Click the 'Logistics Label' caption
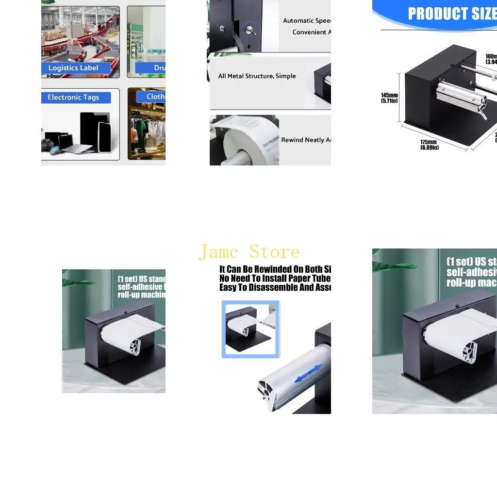click(73, 68)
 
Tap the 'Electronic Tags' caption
click(73, 98)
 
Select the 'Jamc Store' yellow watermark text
click(249, 252)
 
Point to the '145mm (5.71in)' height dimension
click(389, 98)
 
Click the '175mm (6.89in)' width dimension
click(429, 145)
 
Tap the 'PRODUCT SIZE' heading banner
click(451, 14)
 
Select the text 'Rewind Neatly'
click(306, 140)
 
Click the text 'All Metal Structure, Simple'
click(257, 76)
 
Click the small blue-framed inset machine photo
click(250, 329)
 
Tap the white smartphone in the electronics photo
click(104, 137)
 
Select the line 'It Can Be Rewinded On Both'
click(275, 269)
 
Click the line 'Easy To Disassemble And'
click(275, 287)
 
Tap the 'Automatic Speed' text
click(307, 21)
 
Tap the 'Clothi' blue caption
click(156, 97)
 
